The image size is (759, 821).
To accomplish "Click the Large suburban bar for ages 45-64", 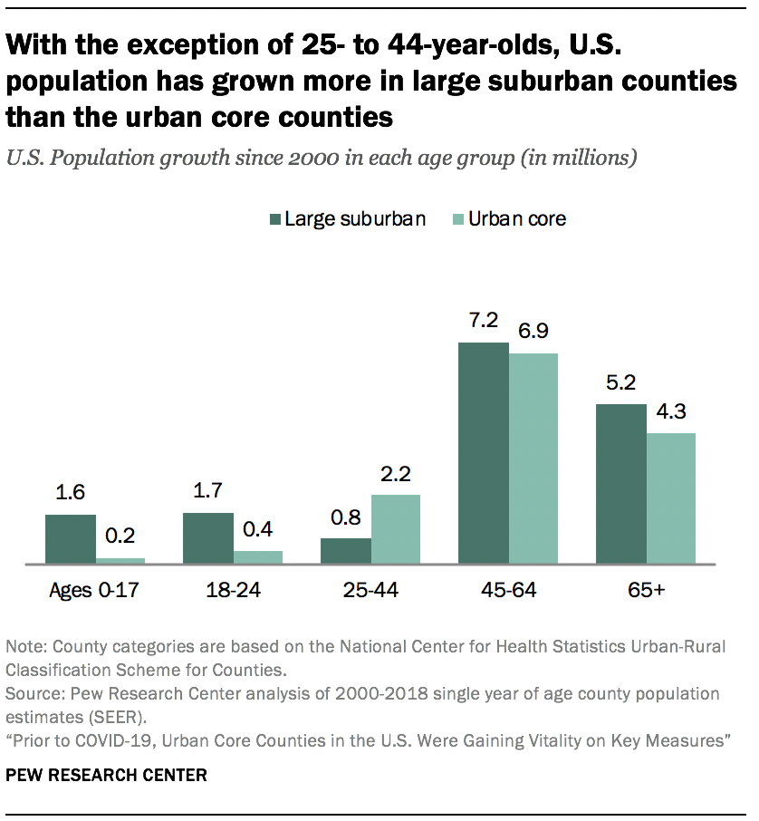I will coord(483,453).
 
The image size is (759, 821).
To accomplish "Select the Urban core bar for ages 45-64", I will coord(533,459).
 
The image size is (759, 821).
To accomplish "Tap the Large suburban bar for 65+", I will coord(620,484).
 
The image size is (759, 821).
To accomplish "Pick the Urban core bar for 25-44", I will coord(396,529).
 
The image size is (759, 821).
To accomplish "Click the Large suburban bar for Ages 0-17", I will coord(71,539).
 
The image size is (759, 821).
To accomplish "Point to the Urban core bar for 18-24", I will coord(258,557).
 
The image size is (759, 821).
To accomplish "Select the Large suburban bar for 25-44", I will coord(346,551).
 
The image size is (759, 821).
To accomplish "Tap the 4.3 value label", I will coord(671,412).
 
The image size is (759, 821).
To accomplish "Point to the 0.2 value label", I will coord(120,537).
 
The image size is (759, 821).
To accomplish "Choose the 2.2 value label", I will coord(396,474).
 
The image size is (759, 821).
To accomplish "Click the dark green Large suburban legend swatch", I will coord(274,219).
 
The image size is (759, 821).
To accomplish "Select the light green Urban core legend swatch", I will coord(457,219).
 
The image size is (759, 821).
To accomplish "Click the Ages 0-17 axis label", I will coord(95,591).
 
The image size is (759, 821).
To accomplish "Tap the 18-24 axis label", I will coord(233,591).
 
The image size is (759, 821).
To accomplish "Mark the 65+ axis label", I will coord(646,591).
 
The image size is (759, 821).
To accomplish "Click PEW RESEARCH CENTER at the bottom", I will coord(106,775).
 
